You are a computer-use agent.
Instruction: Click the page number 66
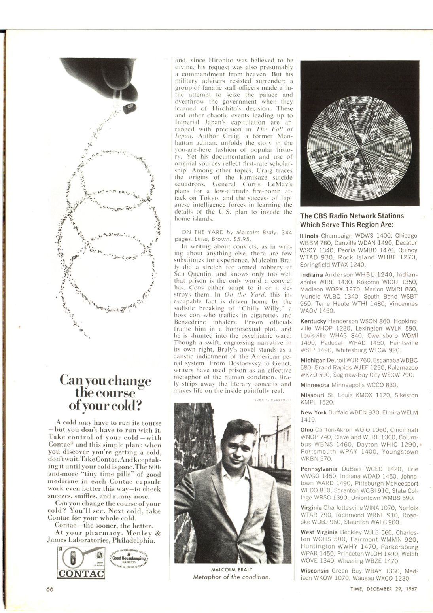(49, 588)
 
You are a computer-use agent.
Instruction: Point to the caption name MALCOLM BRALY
(232, 569)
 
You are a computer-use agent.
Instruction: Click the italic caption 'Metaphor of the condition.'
(232, 577)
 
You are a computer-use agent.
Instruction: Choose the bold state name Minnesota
(315, 385)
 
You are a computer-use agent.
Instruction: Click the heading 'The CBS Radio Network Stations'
(352, 216)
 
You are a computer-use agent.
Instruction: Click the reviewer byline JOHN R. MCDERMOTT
(272, 400)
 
